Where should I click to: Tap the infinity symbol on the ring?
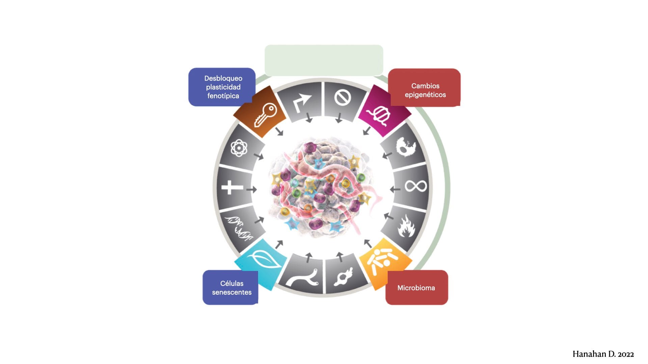point(416,186)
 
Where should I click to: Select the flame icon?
point(406,226)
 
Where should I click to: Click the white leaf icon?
point(264,260)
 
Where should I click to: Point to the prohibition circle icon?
point(343,98)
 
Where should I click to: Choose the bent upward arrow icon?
point(301,102)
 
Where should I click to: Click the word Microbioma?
point(416,288)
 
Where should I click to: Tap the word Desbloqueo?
point(223,78)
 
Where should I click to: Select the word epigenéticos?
point(425,95)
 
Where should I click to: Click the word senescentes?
point(232,292)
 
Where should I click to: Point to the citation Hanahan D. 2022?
point(603,354)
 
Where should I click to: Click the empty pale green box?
point(324,60)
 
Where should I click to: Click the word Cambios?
point(425,86)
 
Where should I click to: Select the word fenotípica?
point(223,96)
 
